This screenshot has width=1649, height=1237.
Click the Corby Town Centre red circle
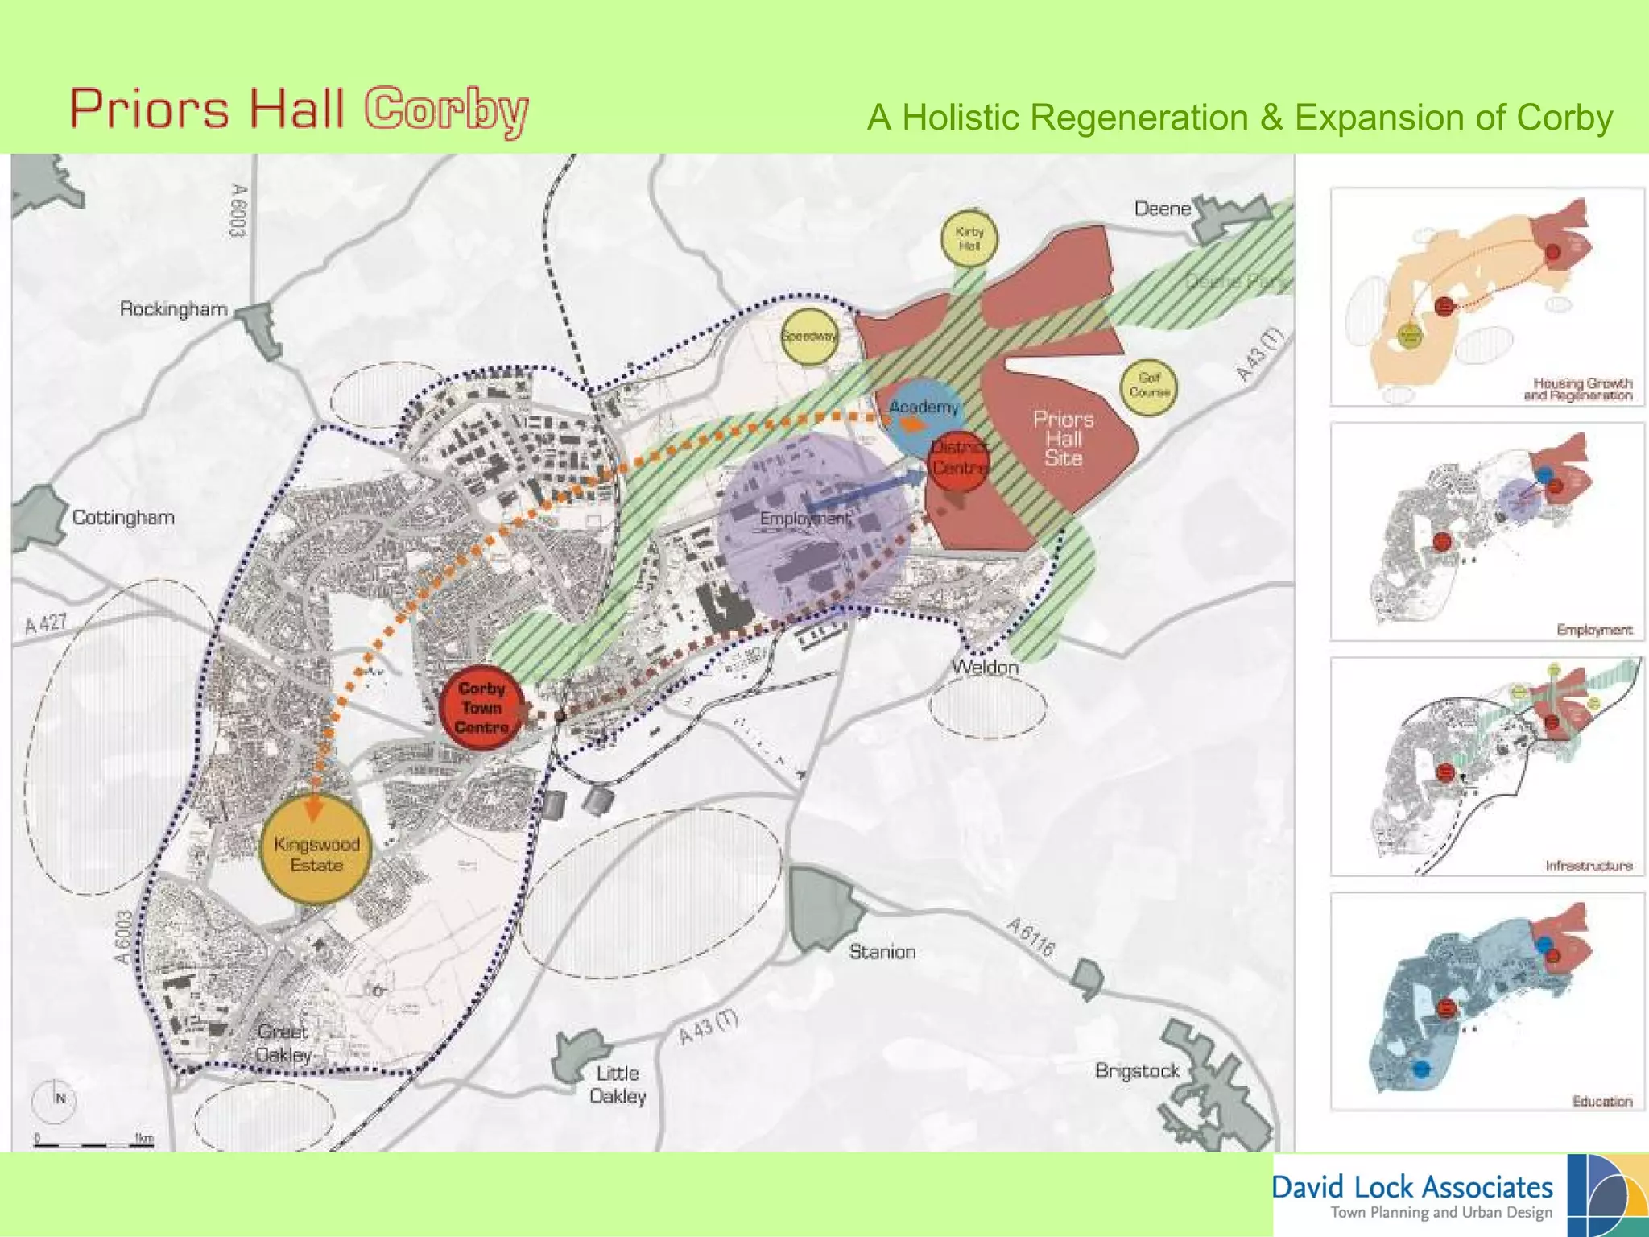(x=481, y=708)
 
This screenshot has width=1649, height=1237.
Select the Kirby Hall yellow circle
(x=969, y=238)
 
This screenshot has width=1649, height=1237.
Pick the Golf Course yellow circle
(x=1148, y=387)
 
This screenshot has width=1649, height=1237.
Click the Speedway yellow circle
(x=808, y=337)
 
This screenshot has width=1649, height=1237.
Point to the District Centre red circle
(x=958, y=462)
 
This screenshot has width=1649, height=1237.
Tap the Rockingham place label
(x=173, y=309)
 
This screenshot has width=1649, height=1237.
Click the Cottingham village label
(x=123, y=517)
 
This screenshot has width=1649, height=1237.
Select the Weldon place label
(x=985, y=667)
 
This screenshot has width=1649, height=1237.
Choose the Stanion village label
(x=882, y=952)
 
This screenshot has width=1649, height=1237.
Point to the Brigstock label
(x=1137, y=1071)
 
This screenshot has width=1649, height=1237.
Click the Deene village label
(x=1162, y=209)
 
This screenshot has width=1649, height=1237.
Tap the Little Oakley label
(x=618, y=1085)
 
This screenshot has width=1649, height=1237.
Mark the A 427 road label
(x=46, y=624)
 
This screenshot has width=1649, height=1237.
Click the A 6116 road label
(x=1030, y=937)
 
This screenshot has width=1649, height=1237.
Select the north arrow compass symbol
(x=55, y=1098)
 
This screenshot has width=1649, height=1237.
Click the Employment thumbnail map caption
(x=1594, y=630)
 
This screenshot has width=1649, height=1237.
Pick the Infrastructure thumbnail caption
(x=1589, y=866)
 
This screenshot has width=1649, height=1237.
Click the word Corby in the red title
(x=446, y=110)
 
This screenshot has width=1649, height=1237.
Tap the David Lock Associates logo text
(x=1412, y=1188)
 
